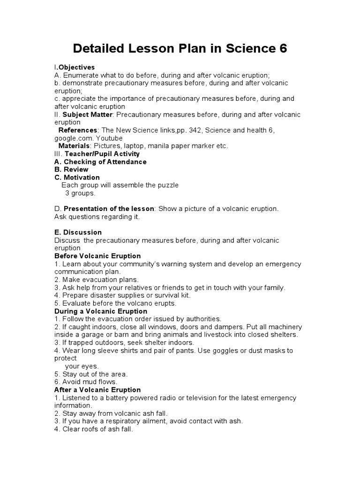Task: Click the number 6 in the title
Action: [x=282, y=48]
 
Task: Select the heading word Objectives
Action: [x=76, y=67]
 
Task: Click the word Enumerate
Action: [x=80, y=75]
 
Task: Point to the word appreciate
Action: [x=76, y=98]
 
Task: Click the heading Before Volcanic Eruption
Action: [x=97, y=256]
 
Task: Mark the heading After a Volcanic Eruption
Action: [x=97, y=390]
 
